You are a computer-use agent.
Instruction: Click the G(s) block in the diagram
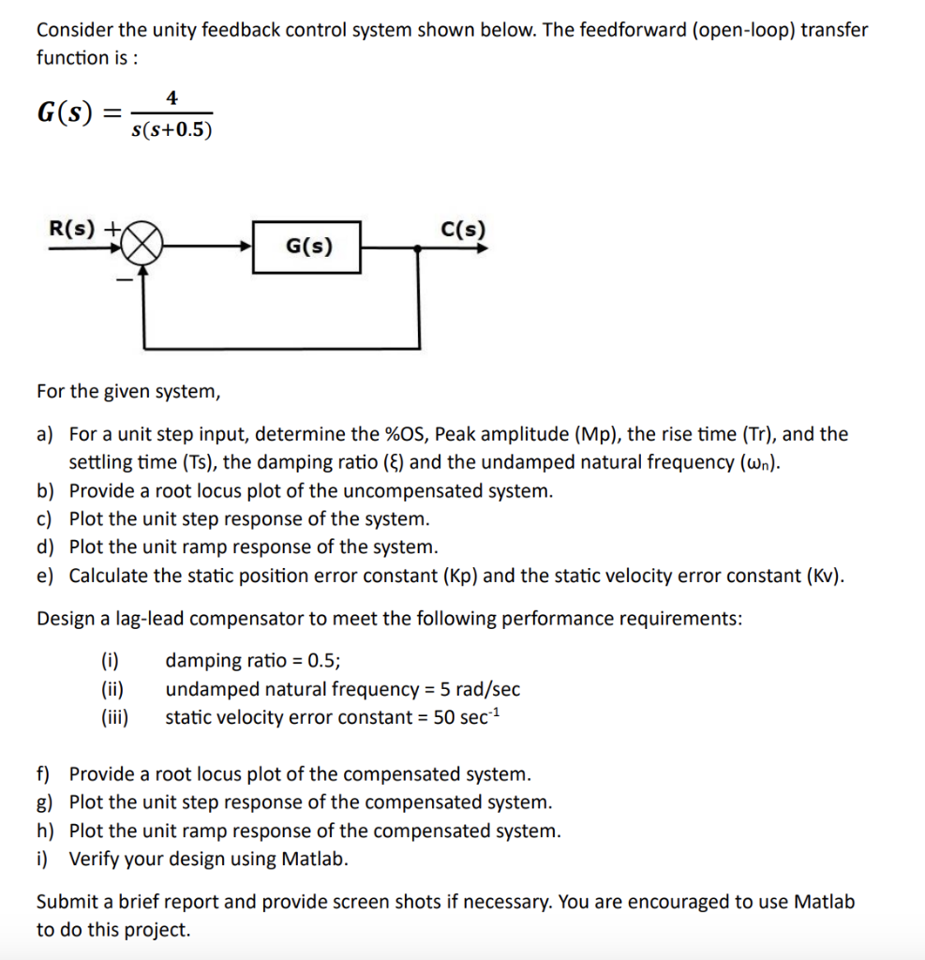306,247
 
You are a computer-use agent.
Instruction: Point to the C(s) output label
462,228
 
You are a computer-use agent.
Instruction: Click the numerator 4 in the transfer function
172,97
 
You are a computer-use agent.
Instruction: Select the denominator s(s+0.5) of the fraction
172,130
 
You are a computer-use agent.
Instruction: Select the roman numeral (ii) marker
113,690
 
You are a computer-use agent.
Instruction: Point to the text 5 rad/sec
472,690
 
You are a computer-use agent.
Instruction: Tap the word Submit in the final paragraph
67,902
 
